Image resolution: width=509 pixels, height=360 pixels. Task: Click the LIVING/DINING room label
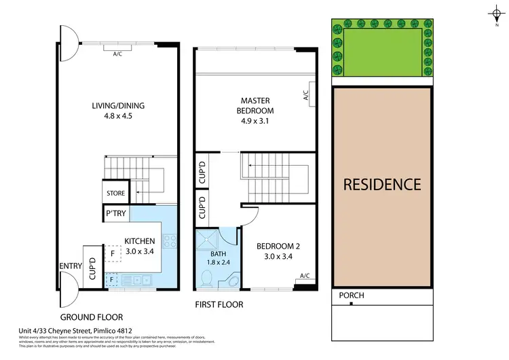[x=119, y=105]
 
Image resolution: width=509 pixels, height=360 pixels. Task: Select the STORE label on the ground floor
[x=115, y=193]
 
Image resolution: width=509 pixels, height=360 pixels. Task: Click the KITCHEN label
[x=140, y=241]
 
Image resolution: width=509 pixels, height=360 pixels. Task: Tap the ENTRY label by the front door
[x=71, y=266]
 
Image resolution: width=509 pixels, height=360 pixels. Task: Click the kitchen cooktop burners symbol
[x=170, y=241]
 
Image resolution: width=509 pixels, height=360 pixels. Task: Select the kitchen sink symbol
[x=142, y=279]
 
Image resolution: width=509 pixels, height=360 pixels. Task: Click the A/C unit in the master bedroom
[x=306, y=96]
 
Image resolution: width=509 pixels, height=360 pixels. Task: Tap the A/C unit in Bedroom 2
[x=304, y=275]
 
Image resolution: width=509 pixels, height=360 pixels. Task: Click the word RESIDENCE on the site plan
[x=381, y=184]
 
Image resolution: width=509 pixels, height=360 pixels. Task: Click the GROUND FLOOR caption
[x=91, y=317]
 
